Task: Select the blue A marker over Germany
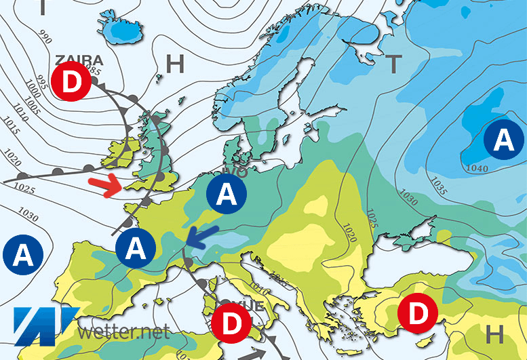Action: (x=227, y=195)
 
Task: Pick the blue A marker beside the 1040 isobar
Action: (x=503, y=140)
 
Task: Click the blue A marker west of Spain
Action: (x=22, y=256)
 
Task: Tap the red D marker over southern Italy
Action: (x=231, y=323)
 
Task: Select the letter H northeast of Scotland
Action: (x=175, y=64)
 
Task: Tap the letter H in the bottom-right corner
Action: (x=496, y=334)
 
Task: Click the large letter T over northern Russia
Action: (x=393, y=64)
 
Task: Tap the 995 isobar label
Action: (x=40, y=81)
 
